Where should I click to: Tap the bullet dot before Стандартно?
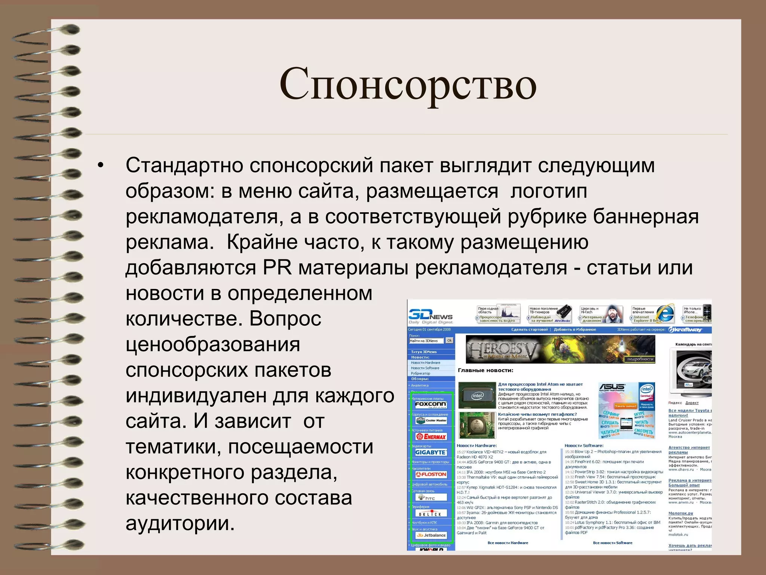tap(100, 165)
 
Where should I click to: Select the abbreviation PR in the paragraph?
tap(277, 268)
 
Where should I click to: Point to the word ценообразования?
tap(213, 345)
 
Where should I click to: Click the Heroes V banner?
tap(560, 349)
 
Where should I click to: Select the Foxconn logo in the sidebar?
tap(431, 404)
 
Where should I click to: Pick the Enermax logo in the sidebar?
tap(431, 436)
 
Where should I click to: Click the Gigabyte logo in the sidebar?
tap(431, 452)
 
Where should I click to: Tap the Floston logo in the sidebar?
tap(431, 474)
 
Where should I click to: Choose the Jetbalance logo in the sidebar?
tap(431, 535)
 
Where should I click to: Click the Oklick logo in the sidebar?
tap(431, 514)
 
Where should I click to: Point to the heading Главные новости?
tap(485, 370)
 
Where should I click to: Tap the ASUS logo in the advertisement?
tap(612, 387)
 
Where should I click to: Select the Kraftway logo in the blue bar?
tap(686, 330)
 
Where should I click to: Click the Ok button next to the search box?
tap(450, 340)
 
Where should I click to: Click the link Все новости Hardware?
tap(508, 543)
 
